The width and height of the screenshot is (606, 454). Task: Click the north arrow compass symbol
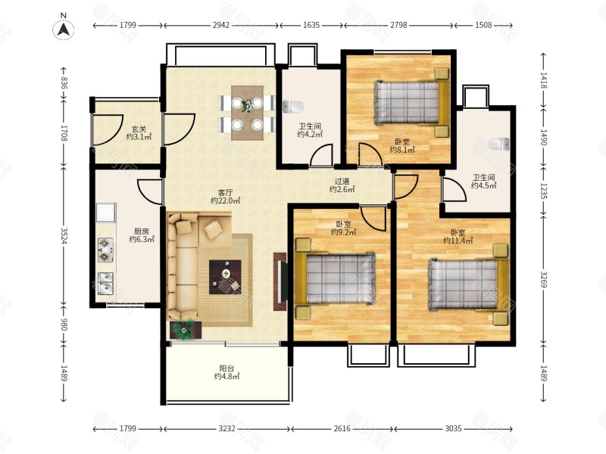pos(64,30)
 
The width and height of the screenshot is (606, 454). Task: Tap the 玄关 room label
pos(139,129)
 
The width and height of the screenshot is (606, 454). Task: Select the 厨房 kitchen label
pos(142,232)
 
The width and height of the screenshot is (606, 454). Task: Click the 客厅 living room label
pos(225,192)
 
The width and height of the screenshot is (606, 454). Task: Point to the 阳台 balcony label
pos(226,368)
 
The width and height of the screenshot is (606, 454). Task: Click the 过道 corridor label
pos(342,181)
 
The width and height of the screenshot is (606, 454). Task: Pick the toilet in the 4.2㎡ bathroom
pos(293,107)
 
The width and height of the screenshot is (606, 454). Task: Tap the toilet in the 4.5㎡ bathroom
pos(498,144)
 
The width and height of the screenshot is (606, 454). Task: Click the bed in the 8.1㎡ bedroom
pos(411,102)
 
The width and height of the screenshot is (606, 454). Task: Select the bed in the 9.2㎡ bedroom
pos(335,278)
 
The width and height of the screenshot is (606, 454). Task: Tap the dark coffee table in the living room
pos(225,277)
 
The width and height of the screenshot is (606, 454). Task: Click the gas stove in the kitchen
pos(105,250)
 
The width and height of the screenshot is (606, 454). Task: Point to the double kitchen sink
pos(105,284)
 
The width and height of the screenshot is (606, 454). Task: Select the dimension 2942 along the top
pos(221,25)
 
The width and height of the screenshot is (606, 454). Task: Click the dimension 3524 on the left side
pos(64,236)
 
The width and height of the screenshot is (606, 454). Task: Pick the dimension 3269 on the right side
pos(544,279)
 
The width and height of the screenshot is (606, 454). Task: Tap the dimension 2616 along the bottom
pos(342,428)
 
